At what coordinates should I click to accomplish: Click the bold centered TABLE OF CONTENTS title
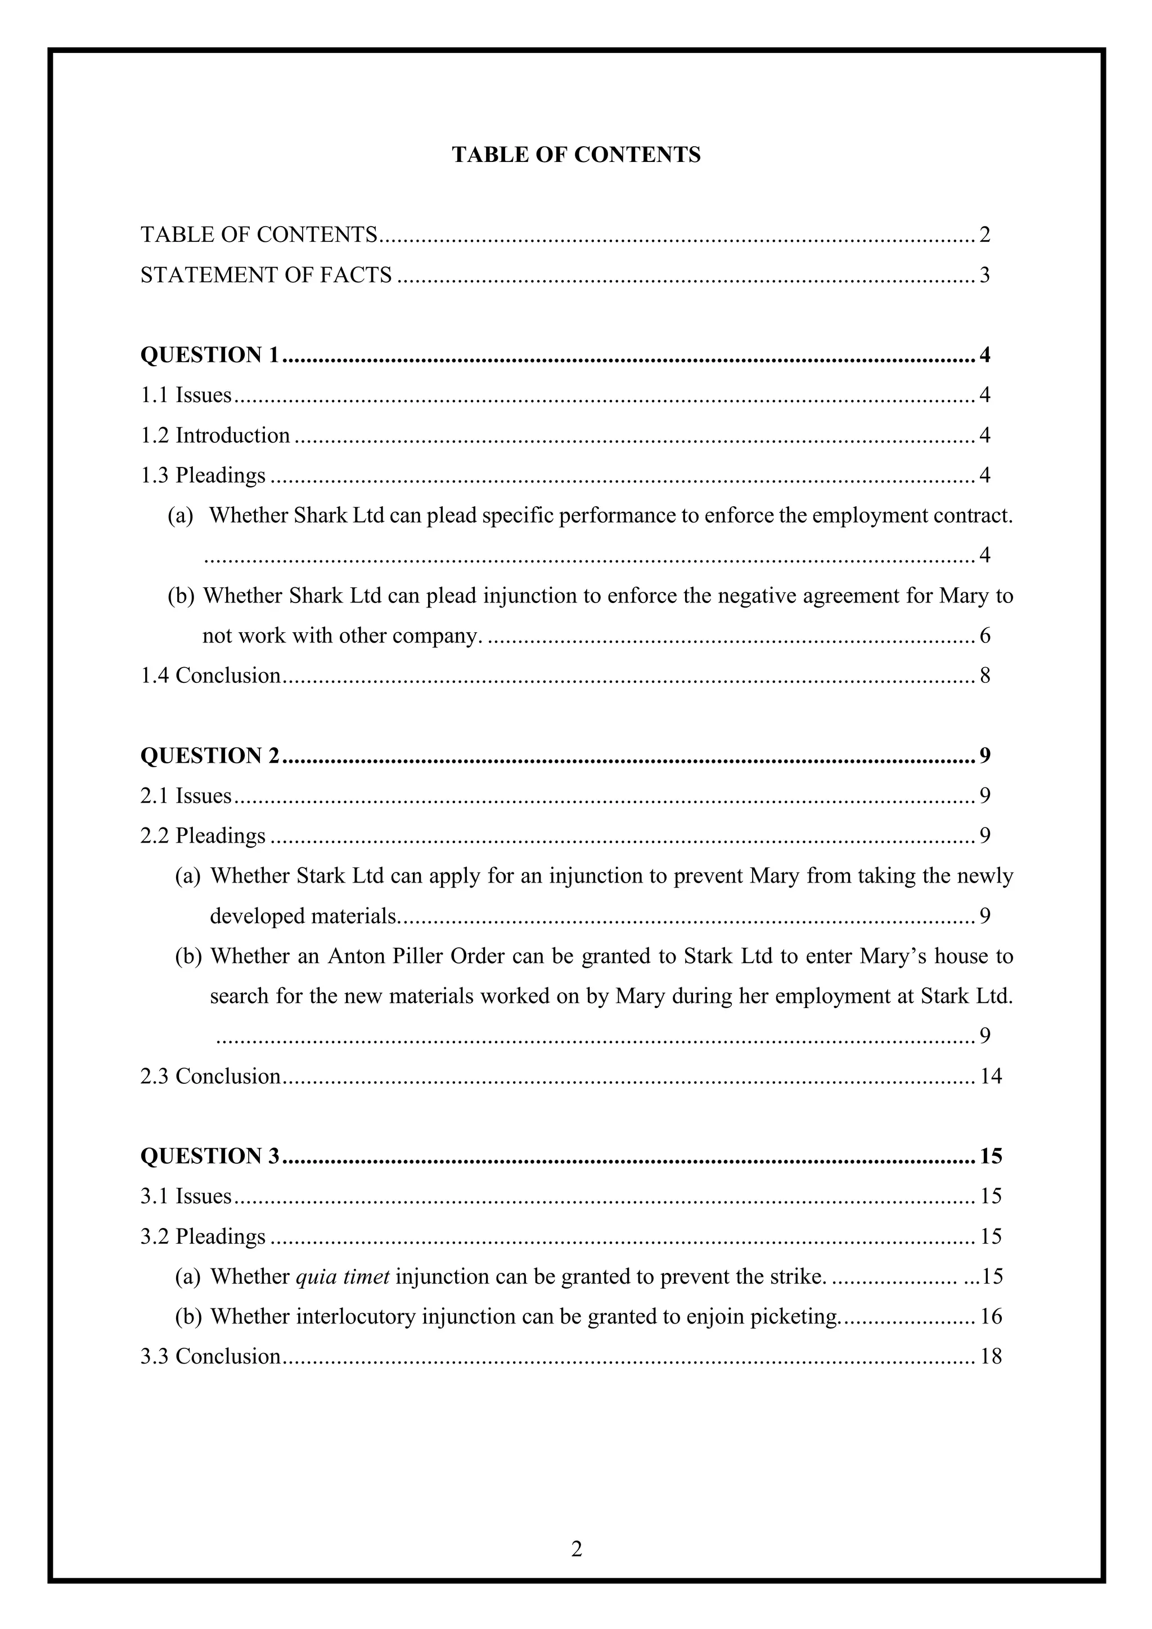(x=576, y=155)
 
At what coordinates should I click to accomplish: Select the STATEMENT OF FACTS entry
(x=266, y=274)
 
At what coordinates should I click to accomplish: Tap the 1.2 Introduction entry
(x=215, y=435)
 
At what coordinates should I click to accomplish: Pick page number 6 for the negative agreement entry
(x=984, y=636)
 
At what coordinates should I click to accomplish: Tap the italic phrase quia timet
(x=342, y=1277)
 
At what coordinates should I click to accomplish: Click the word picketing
(x=794, y=1317)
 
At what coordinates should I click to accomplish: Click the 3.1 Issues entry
(x=186, y=1197)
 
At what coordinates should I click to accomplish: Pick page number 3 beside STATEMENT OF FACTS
(x=984, y=274)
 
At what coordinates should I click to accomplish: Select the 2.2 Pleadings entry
(x=203, y=836)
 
